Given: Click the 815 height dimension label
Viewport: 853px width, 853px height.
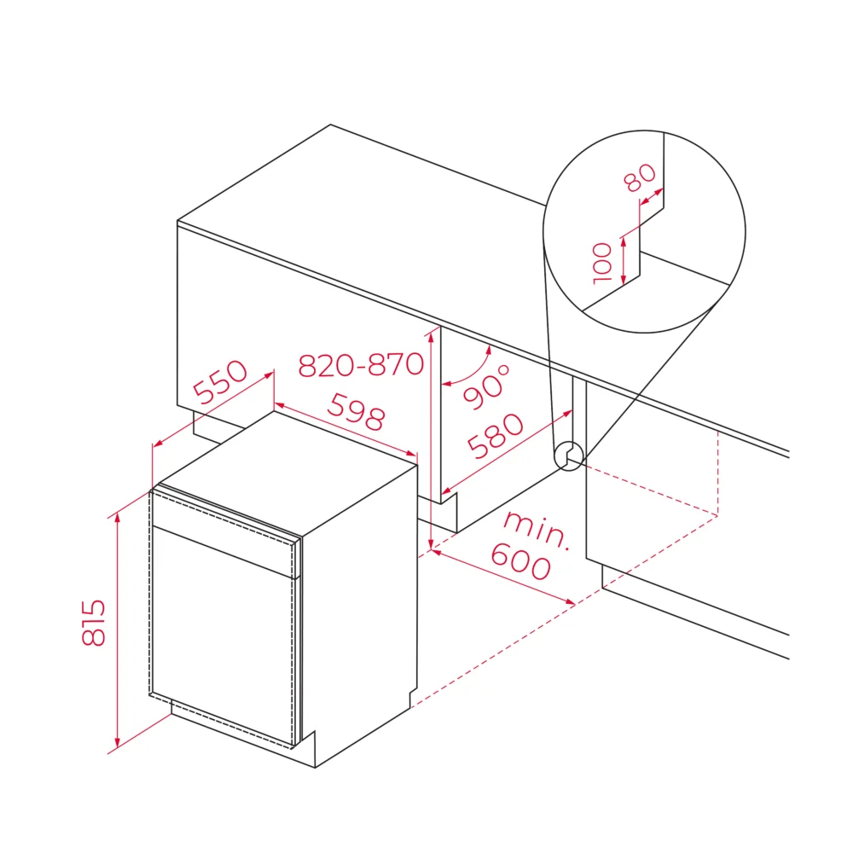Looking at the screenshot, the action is (93, 623).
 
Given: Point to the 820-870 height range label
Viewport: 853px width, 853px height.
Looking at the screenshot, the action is (361, 364).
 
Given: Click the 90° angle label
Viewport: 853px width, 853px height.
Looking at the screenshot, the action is (487, 386).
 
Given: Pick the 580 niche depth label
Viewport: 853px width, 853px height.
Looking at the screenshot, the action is (496, 436).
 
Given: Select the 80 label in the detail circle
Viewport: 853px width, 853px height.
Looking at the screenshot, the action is (640, 177).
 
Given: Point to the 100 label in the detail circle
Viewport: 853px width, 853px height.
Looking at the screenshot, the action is (602, 264).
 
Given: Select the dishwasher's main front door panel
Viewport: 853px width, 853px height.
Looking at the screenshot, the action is (223, 635).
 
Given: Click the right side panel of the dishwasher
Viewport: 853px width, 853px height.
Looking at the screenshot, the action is (359, 609).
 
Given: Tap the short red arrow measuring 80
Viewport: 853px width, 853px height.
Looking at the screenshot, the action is (652, 197).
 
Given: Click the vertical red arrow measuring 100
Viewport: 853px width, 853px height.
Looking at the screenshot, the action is (624, 260).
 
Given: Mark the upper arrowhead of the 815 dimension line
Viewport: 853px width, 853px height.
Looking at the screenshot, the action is (118, 517).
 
